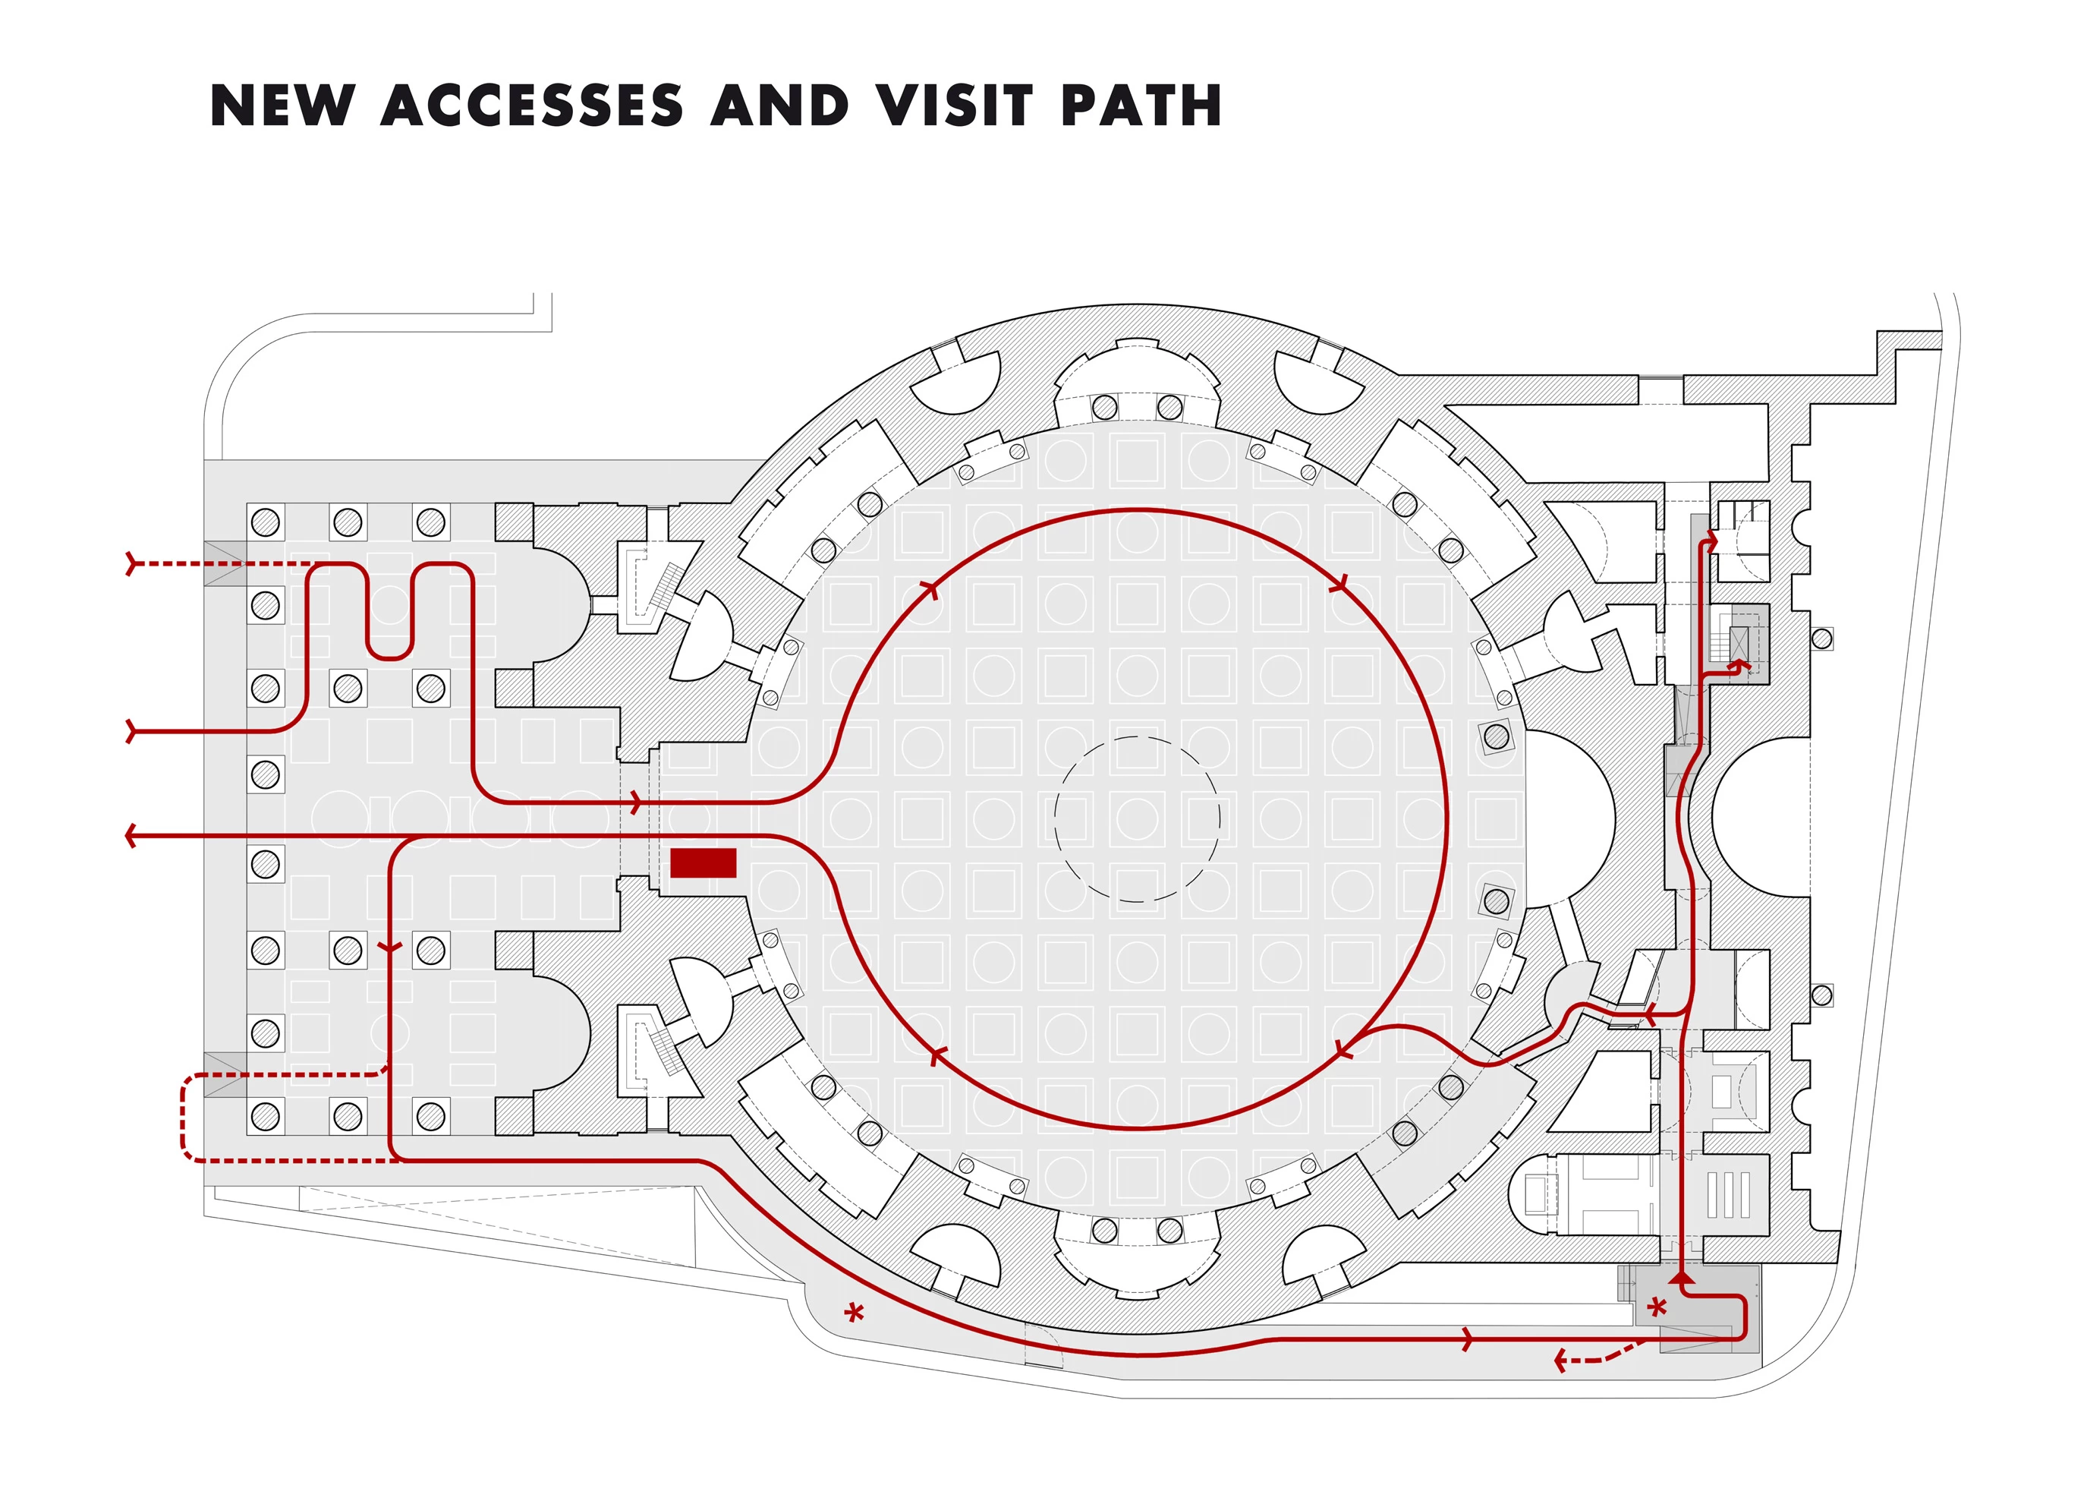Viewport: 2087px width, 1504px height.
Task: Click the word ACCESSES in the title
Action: point(531,105)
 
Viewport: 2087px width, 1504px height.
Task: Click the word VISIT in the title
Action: point(953,105)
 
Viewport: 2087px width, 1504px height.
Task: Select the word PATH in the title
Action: point(1141,105)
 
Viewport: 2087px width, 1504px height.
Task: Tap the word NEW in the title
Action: point(282,105)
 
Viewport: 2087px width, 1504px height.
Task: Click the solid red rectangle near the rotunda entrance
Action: point(703,863)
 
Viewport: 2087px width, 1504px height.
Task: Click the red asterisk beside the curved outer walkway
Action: point(855,1313)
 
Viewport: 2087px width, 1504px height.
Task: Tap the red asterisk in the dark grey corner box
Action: point(1657,1307)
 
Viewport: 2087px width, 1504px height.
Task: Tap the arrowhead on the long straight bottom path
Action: point(1468,1339)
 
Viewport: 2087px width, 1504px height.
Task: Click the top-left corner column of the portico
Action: point(265,522)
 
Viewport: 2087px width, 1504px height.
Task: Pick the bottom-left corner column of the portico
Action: point(265,1117)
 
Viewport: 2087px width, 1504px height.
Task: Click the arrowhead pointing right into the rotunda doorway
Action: point(635,802)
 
